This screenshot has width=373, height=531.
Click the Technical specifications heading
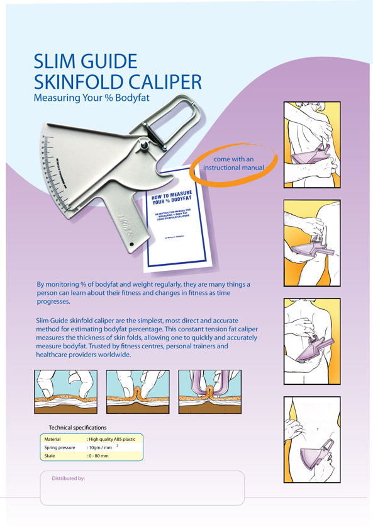77,428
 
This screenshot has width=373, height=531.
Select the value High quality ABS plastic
116,438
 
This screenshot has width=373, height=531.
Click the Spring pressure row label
60,447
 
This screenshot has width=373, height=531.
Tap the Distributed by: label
68,478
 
